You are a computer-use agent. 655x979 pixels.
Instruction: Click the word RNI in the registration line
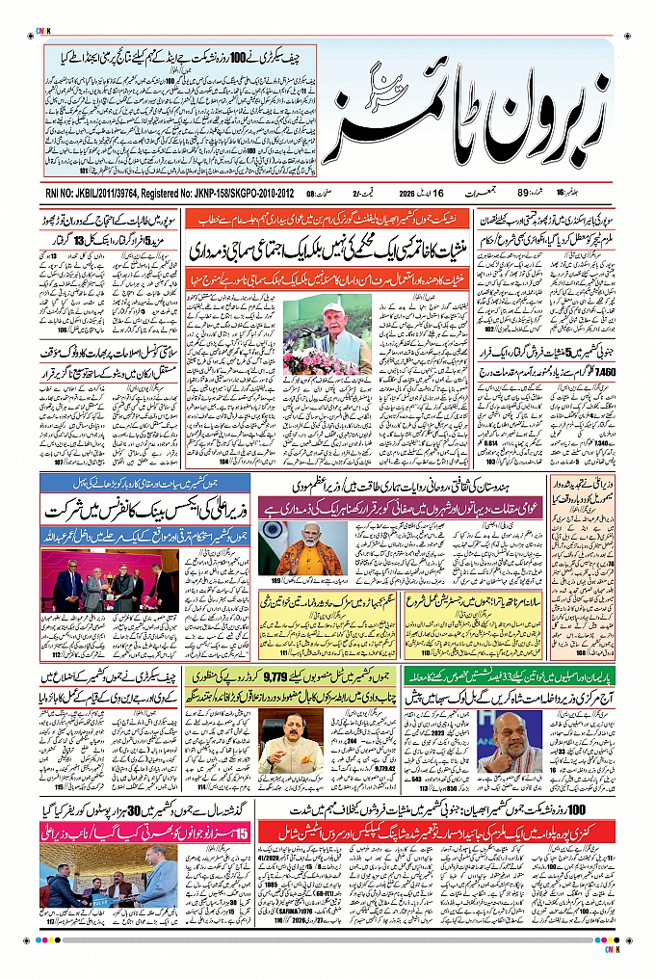tap(56, 192)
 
